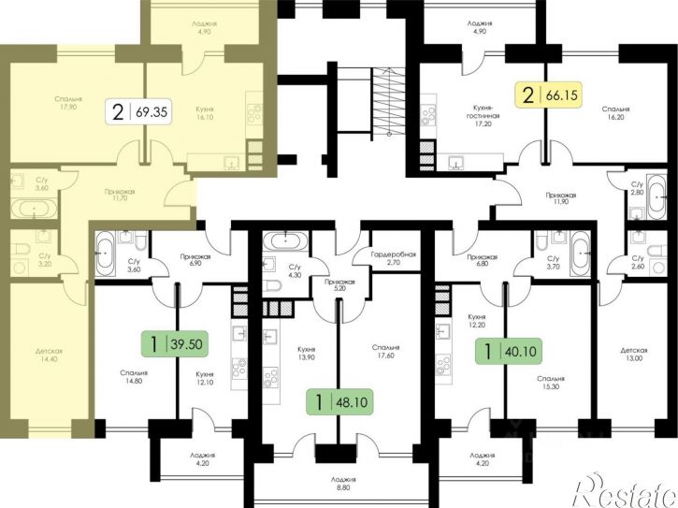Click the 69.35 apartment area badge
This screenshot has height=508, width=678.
(139, 112)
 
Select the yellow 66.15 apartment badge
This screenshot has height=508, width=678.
(549, 95)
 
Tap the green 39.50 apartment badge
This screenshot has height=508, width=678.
(176, 344)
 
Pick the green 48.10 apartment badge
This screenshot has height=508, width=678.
(339, 402)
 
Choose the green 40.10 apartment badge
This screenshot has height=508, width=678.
(509, 351)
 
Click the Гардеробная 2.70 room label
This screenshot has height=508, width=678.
(393, 258)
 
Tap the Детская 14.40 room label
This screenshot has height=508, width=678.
(50, 355)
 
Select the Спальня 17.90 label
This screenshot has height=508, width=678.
(68, 103)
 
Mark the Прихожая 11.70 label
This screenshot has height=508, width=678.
(119, 196)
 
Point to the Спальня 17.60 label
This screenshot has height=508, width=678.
(385, 352)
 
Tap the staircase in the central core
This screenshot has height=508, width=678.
(388, 103)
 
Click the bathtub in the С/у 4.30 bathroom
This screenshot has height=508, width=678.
(285, 240)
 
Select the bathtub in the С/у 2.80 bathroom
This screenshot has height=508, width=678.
(656, 196)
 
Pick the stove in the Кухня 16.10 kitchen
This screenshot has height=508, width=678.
(253, 114)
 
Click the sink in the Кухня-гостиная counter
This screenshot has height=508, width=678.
(455, 162)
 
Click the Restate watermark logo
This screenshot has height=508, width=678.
(625, 491)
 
